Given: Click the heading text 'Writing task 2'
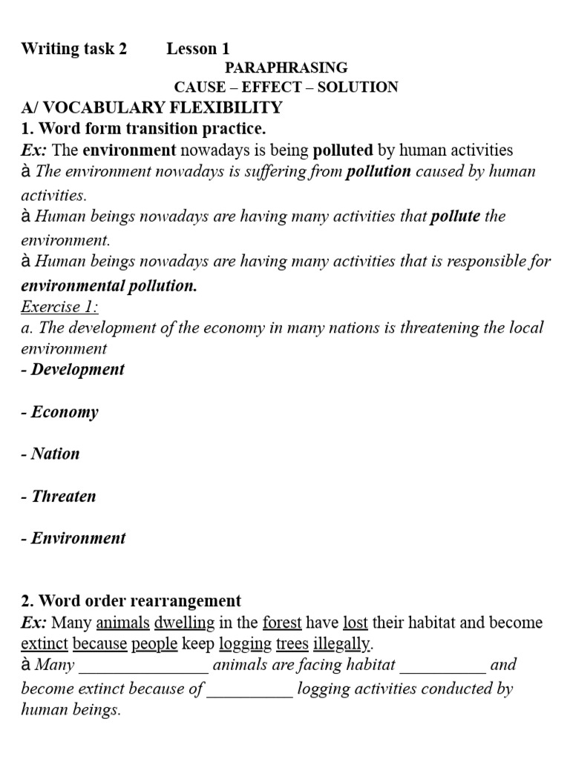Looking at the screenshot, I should (74, 49).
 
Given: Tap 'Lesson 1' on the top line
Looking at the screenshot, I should (197, 49).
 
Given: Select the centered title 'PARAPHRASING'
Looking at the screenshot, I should (286, 68).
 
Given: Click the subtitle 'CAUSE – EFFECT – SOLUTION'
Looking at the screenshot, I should (286, 87).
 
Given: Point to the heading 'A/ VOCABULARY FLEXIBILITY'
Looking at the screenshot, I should (151, 107).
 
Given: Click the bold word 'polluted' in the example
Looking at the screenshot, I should (343, 150).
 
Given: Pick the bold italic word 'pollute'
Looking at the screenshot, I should (455, 217).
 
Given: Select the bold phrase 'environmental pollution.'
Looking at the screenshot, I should (109, 286).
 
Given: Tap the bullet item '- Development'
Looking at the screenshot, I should (73, 369).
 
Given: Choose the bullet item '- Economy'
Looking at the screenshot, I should (59, 412).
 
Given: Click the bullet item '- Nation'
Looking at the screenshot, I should (50, 454).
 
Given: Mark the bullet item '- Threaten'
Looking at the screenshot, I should (59, 497).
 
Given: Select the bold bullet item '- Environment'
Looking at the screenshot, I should (73, 538).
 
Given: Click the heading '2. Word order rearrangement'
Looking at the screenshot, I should (131, 601).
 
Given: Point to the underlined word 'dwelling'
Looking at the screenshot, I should (184, 623).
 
